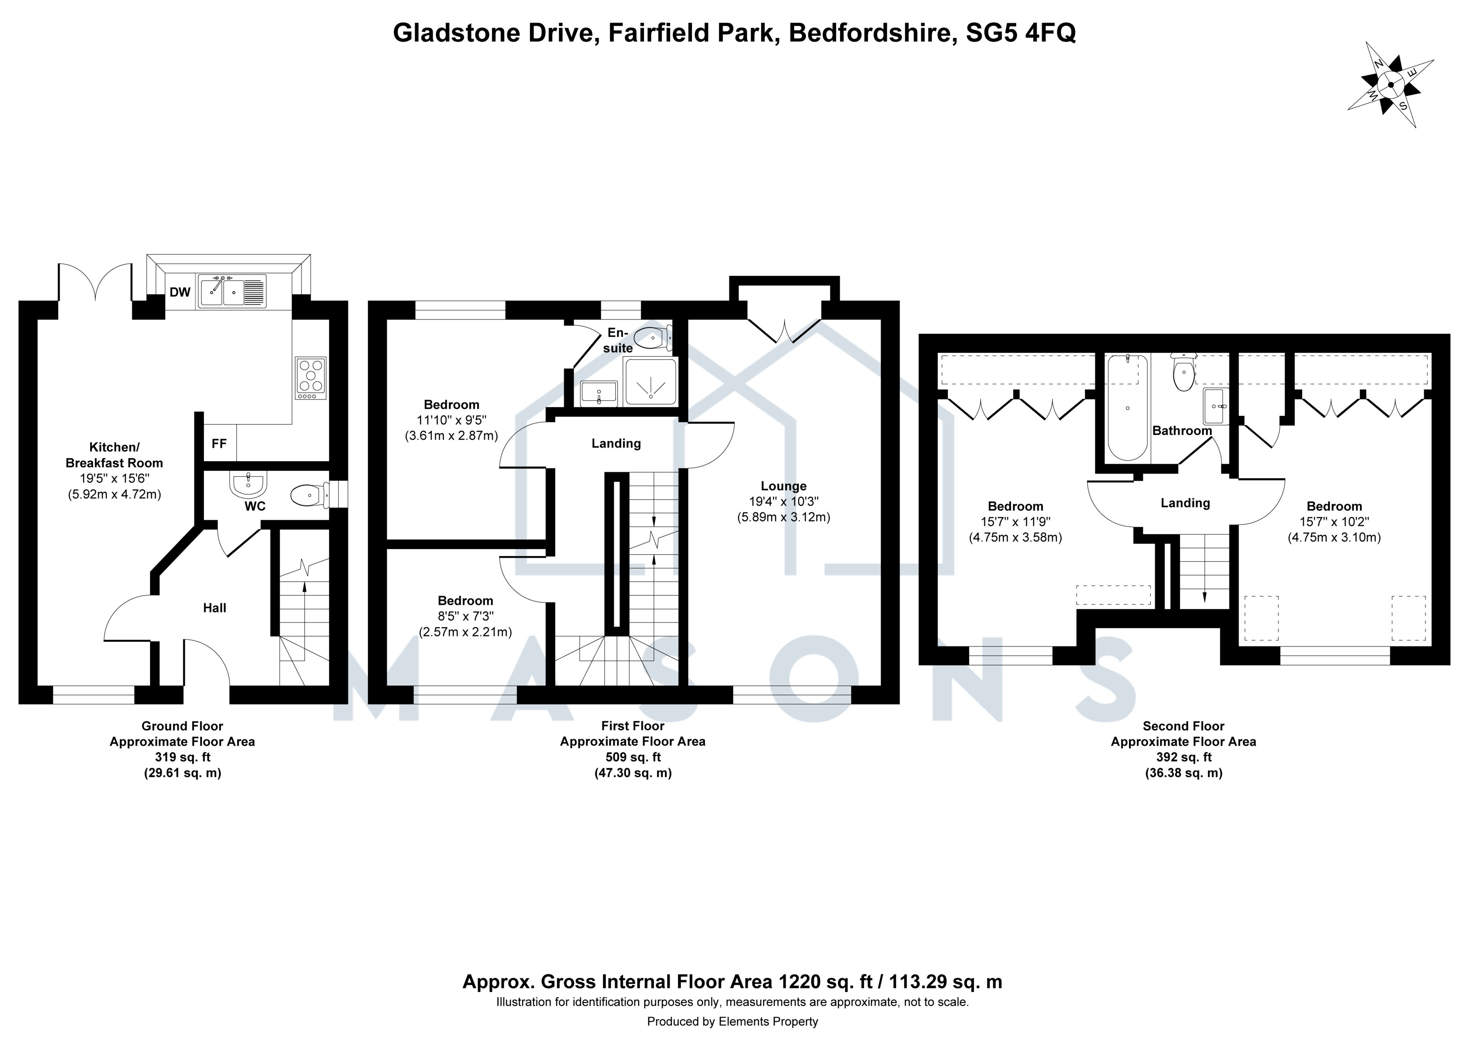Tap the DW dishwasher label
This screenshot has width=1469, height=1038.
click(180, 292)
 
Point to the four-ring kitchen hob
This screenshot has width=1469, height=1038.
click(310, 378)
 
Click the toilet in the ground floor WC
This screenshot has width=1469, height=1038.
click(310, 495)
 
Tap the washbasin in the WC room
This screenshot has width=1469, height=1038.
click(248, 486)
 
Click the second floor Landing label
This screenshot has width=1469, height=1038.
click(1185, 503)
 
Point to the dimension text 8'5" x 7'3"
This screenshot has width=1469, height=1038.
click(465, 617)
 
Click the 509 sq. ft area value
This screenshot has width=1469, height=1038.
click(633, 757)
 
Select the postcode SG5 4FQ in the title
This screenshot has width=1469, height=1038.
click(1021, 33)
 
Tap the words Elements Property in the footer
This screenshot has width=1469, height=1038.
click(768, 1021)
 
